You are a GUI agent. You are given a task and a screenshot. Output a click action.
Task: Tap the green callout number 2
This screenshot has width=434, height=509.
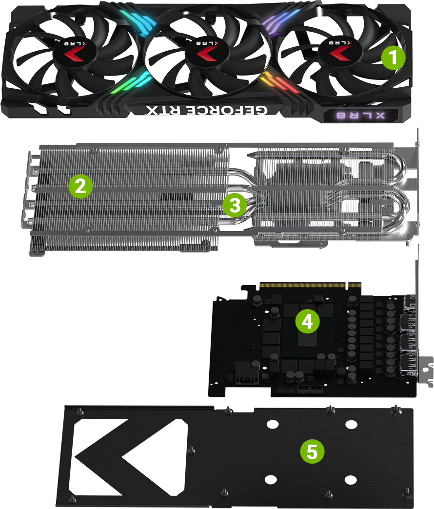[80, 186]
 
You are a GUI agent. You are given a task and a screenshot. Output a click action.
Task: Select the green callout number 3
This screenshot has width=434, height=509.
[235, 205]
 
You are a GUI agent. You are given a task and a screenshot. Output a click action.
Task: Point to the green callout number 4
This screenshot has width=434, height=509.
[307, 321]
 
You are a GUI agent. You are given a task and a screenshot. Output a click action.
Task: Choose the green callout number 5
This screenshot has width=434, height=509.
[312, 451]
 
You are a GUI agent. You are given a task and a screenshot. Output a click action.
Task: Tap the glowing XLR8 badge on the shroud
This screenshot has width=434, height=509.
[361, 116]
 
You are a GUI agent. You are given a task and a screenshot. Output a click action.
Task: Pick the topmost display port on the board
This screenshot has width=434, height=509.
[410, 304]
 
